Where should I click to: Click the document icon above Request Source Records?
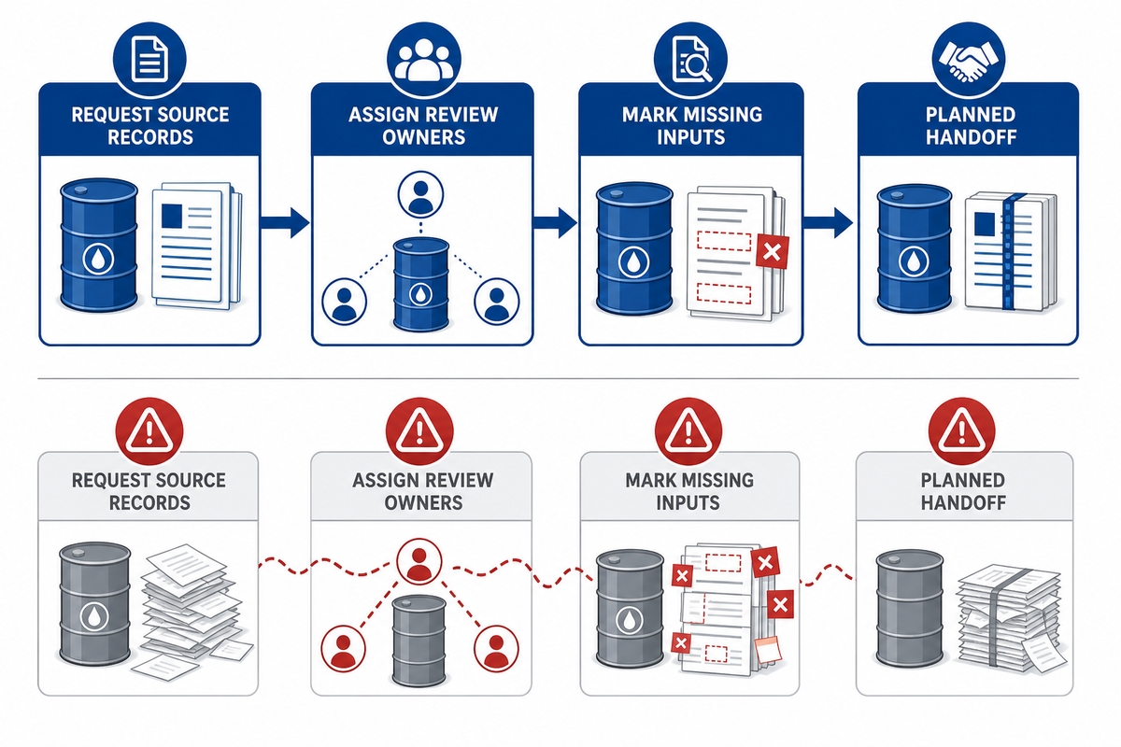pyautogui.click(x=149, y=60)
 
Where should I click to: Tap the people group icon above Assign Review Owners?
pyautogui.click(x=423, y=60)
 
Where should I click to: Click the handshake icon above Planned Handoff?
pyautogui.click(x=969, y=61)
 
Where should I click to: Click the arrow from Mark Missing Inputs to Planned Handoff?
pyautogui.click(x=828, y=222)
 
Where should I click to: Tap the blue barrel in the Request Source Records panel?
pyautogui.click(x=99, y=245)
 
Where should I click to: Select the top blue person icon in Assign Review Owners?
pyautogui.click(x=420, y=194)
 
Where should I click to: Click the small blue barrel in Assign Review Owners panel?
pyautogui.click(x=421, y=284)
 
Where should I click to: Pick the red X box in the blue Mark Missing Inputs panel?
pyautogui.click(x=773, y=252)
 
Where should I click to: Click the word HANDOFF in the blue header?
pyautogui.click(x=971, y=137)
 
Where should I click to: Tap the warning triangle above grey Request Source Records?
pyautogui.click(x=149, y=431)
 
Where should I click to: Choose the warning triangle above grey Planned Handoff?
pyautogui.click(x=961, y=431)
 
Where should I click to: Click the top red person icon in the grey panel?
pyautogui.click(x=419, y=561)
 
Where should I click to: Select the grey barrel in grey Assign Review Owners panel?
pyautogui.click(x=419, y=641)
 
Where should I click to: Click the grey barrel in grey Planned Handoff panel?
pyautogui.click(x=909, y=609)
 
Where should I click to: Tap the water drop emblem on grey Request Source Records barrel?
pyautogui.click(x=94, y=616)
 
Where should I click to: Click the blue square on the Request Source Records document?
pyautogui.click(x=172, y=216)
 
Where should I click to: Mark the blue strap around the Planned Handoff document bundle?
pyautogui.click(x=1010, y=251)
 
